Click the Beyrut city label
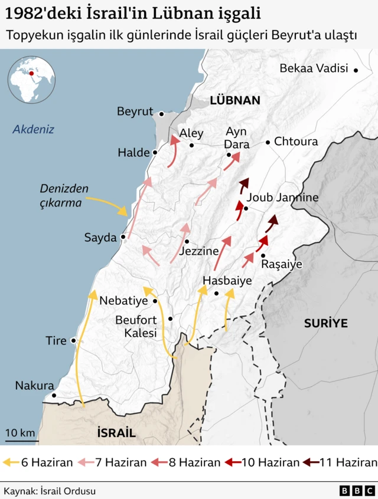point(135,111)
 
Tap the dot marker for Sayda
point(123,238)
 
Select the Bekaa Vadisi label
point(313,69)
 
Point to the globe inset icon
point(31,80)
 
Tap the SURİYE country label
point(325,323)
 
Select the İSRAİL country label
point(116,432)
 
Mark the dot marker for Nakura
point(54,396)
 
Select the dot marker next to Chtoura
point(268,142)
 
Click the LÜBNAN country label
point(234,100)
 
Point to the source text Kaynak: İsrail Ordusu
point(50,491)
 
